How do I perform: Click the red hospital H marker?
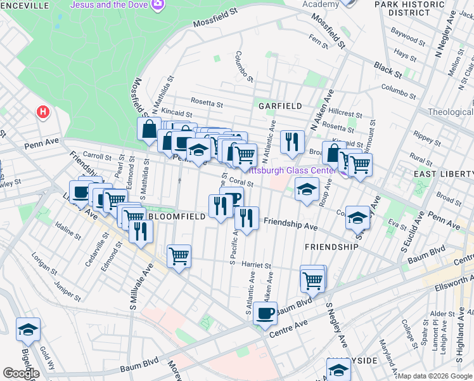click(x=43, y=112)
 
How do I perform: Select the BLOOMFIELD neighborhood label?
click(x=177, y=217)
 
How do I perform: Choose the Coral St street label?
click(x=241, y=182)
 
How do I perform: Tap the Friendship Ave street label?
click(x=290, y=224)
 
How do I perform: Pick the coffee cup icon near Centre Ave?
click(x=265, y=312)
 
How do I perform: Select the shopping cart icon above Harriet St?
click(x=179, y=257)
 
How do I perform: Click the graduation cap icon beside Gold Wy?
click(x=28, y=329)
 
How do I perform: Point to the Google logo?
click(x=21, y=373)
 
